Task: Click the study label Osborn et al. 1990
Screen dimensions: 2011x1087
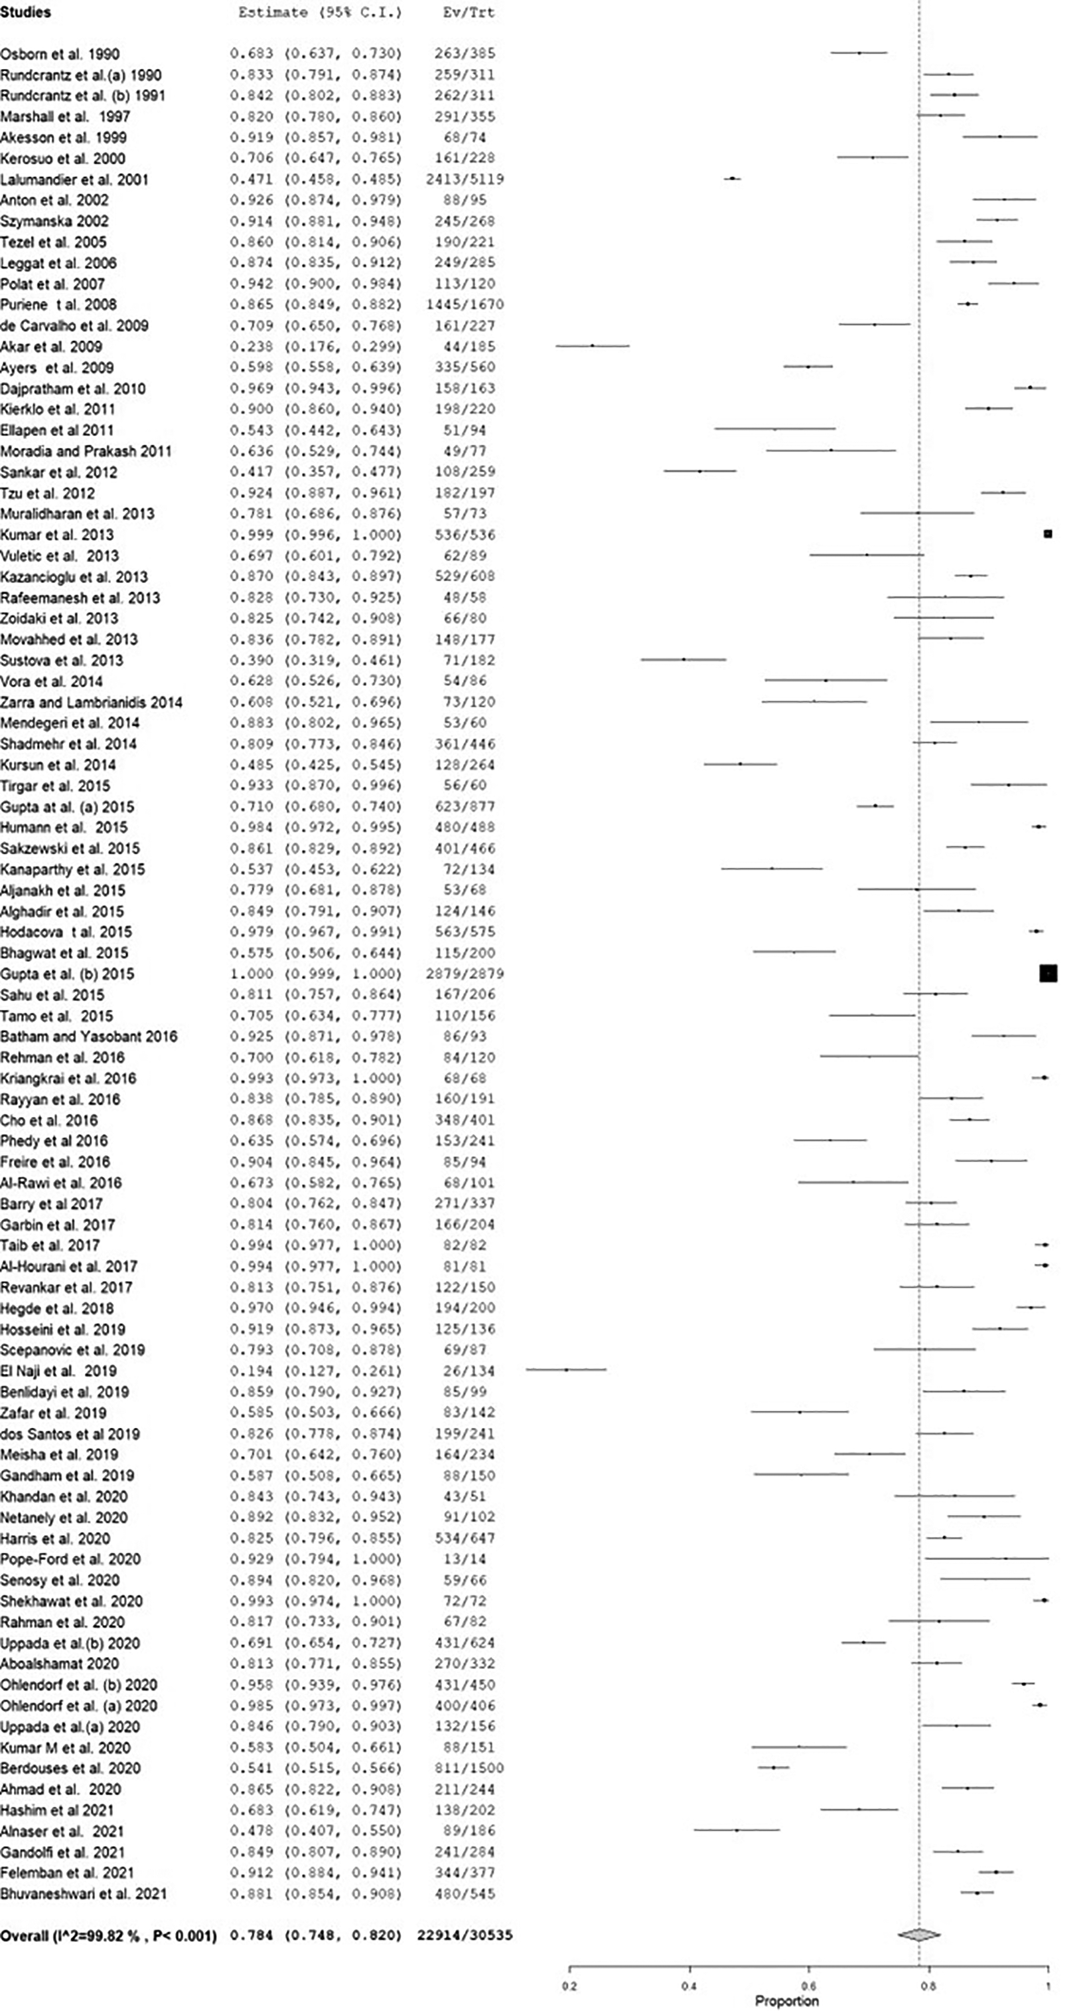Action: coord(60,54)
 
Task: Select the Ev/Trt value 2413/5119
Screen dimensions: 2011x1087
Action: coord(465,179)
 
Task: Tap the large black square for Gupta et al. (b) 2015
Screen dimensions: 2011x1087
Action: coord(1048,973)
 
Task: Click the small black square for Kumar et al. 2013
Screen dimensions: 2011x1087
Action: coord(1048,534)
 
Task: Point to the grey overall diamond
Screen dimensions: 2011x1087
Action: coord(919,1935)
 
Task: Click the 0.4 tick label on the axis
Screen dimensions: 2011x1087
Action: coord(689,1986)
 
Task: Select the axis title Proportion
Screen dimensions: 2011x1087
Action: coord(786,2001)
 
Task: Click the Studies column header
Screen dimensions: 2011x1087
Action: coord(26,13)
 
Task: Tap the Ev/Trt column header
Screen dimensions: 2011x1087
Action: coord(467,13)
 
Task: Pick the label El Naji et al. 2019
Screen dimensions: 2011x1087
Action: coord(58,1371)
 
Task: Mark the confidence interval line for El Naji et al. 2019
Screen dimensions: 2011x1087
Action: coord(566,1369)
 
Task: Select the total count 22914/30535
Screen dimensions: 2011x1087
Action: coord(465,1935)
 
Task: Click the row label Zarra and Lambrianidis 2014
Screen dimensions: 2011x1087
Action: coord(92,702)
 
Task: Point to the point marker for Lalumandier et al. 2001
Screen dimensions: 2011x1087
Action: coord(731,179)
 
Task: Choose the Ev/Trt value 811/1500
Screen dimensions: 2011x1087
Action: coord(465,1767)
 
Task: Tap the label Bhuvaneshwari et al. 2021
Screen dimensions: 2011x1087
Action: coord(84,1893)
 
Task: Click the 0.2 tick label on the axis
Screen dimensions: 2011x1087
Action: coord(569,1986)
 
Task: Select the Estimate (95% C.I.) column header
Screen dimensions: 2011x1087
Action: coord(319,13)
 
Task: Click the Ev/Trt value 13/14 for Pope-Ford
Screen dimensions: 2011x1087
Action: coord(465,1558)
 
